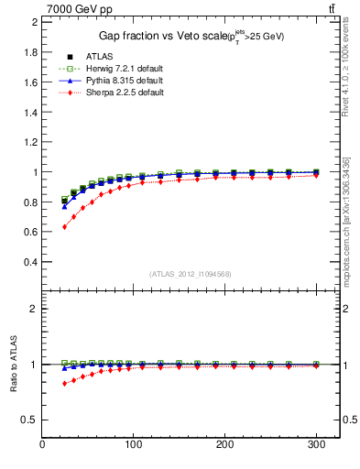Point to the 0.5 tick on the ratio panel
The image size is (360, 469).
coord(29,420)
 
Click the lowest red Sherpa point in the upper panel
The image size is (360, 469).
coord(64,226)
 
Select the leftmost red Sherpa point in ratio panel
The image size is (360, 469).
coord(64,383)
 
